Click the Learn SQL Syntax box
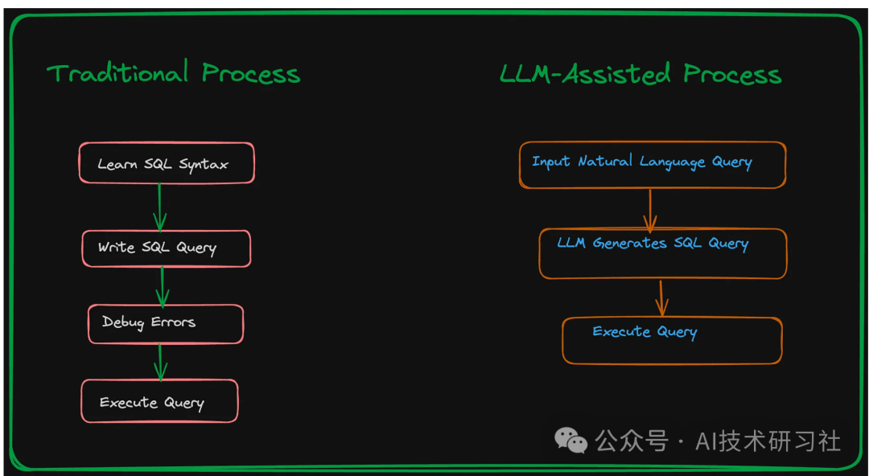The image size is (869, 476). tap(167, 163)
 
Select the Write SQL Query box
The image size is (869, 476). tap(167, 248)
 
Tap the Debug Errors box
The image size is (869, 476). tap(166, 323)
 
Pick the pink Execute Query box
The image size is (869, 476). tap(159, 401)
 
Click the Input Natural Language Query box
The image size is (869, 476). tap(652, 165)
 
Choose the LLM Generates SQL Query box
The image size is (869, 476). tap(662, 253)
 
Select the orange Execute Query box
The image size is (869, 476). tap(672, 340)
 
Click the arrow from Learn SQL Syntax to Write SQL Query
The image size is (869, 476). tap(159, 207)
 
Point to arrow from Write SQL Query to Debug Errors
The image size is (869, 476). tap(162, 285)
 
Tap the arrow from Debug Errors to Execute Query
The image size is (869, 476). tap(160, 361)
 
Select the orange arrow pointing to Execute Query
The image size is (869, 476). tap(661, 297)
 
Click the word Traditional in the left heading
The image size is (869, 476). tap(117, 73)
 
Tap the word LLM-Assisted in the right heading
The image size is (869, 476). tap(585, 75)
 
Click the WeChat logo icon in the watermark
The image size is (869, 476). tap(570, 440)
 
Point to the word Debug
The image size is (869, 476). tap(122, 322)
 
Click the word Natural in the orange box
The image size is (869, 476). tap(605, 162)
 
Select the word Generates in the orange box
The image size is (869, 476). tap(629, 243)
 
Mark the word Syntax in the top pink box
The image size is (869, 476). tap(204, 165)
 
